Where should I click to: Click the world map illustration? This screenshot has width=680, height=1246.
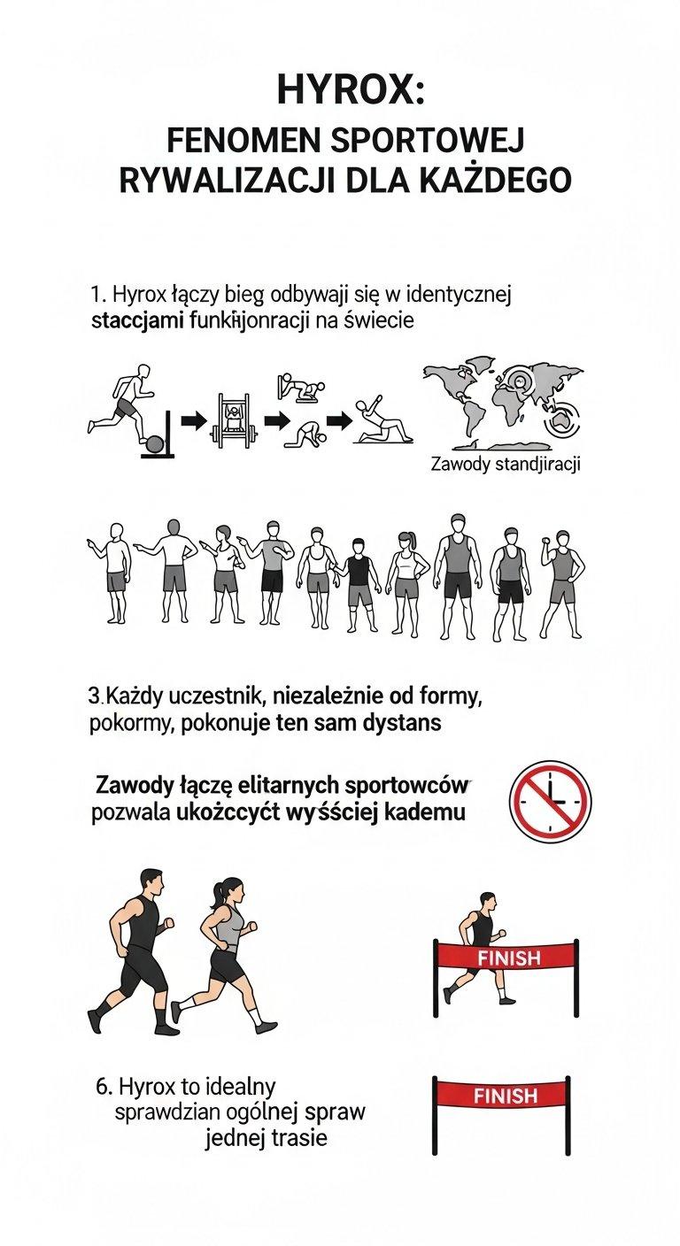click(500, 403)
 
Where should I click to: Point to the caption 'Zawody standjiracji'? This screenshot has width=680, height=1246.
click(505, 464)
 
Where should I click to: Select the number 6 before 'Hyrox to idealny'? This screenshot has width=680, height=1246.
click(101, 1085)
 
